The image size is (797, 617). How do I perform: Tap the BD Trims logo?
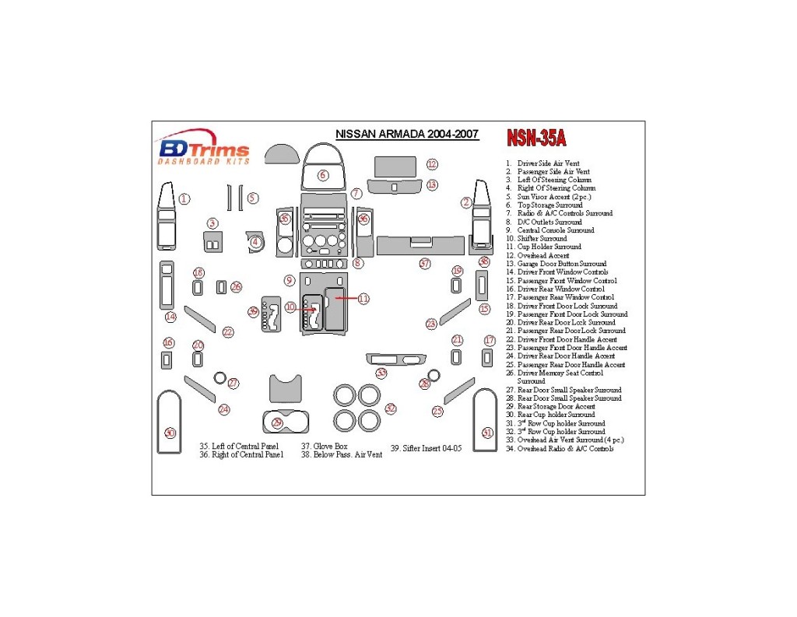tap(204, 149)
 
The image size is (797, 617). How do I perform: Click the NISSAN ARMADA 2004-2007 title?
tap(407, 134)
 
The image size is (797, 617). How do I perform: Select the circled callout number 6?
tap(323, 175)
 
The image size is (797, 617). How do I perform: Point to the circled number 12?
tap(431, 164)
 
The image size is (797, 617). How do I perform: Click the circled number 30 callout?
tap(170, 433)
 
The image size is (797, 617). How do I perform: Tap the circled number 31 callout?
tap(488, 433)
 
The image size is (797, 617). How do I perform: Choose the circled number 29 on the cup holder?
tap(278, 422)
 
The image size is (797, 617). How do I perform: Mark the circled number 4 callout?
tap(255, 242)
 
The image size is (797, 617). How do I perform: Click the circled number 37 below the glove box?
tap(424, 263)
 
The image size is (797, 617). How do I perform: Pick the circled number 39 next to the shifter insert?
tap(253, 311)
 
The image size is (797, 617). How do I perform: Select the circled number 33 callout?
tap(381, 373)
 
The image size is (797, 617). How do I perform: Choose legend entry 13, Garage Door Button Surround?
tap(556, 264)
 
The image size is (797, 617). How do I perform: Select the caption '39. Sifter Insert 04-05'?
tap(426, 448)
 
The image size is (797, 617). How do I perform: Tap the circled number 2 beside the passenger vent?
tap(466, 203)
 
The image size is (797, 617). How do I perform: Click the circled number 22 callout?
tap(227, 332)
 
